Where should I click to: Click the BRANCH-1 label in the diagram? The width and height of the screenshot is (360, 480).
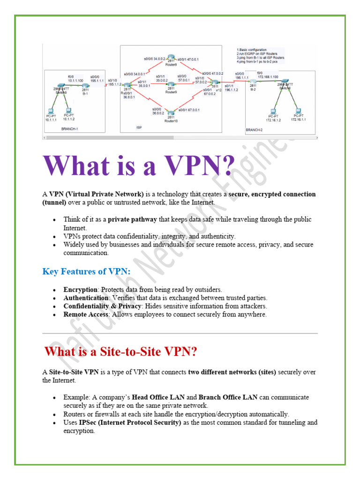[70, 127]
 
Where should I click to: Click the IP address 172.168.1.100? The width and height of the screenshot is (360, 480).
[267, 76]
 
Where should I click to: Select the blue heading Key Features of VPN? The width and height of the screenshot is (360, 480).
[86, 271]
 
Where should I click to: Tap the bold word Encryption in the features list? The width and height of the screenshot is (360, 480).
[81, 290]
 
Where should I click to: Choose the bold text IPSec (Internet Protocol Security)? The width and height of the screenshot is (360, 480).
[130, 422]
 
